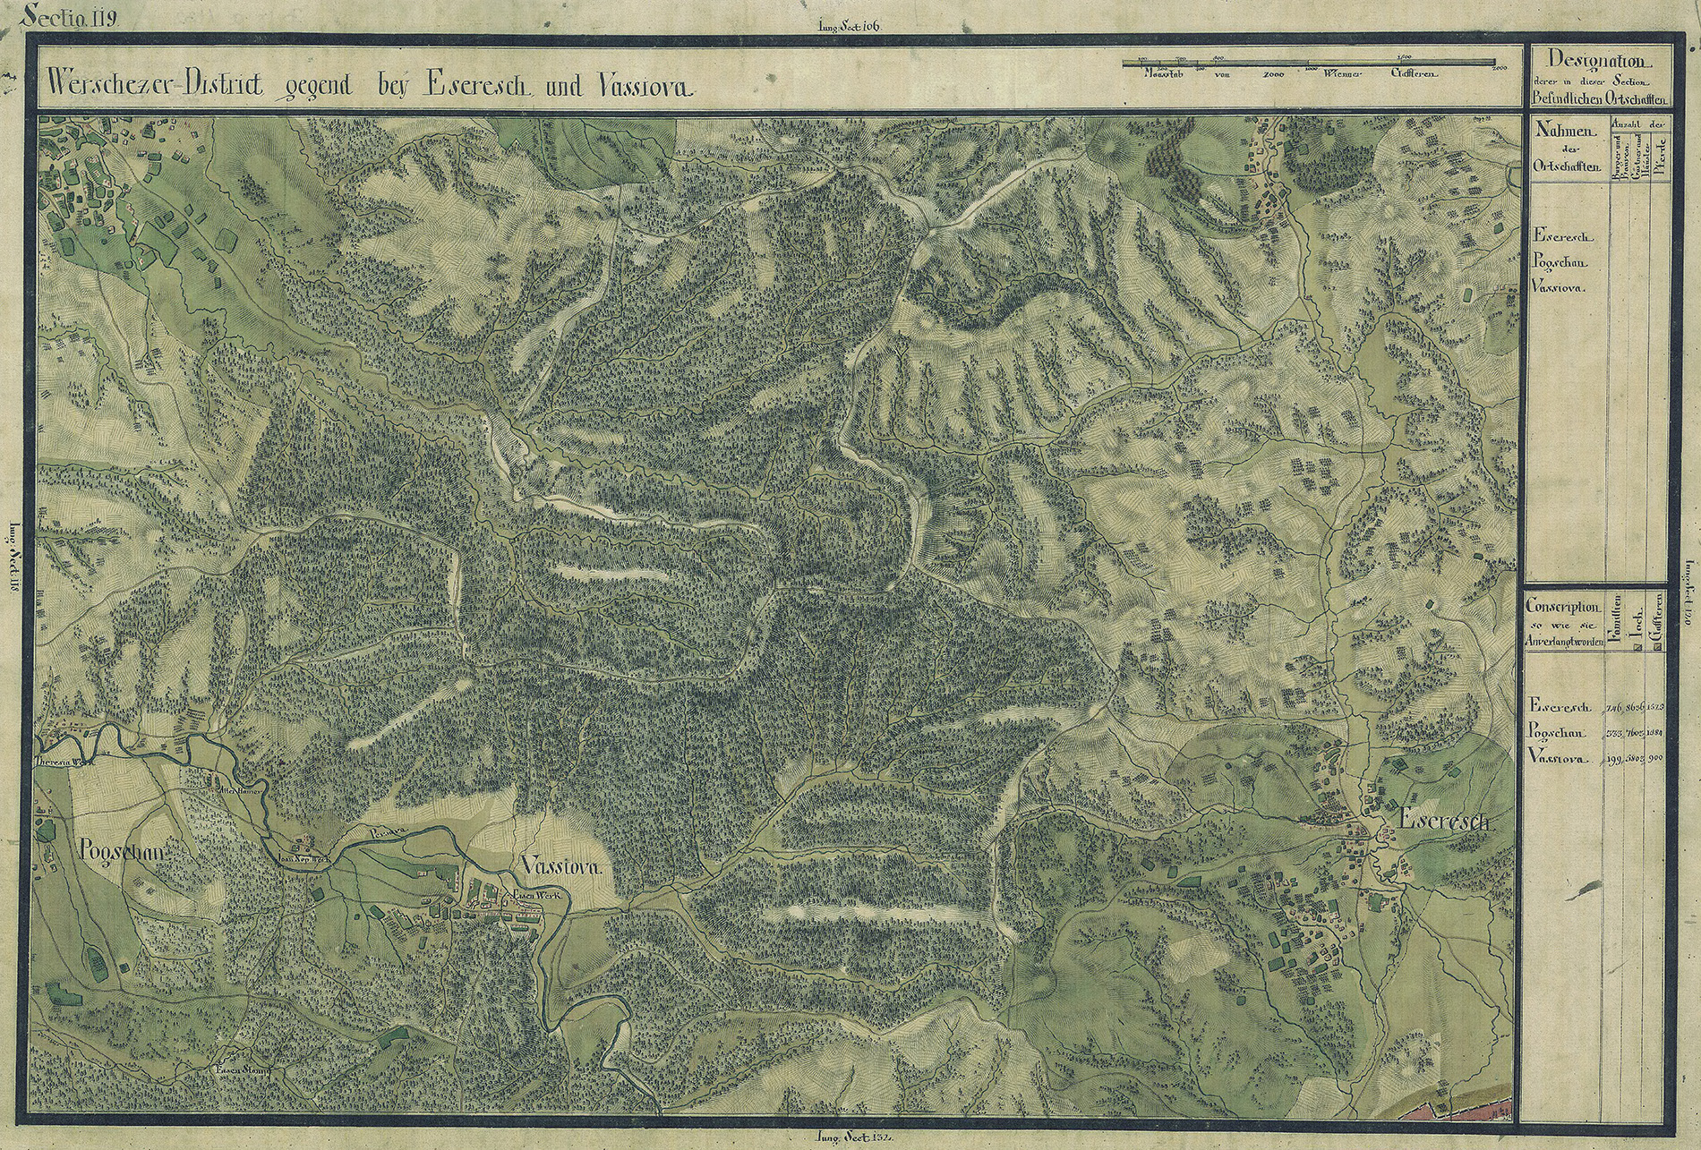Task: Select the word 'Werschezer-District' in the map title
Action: coord(153,87)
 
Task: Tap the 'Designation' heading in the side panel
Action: coord(1599,62)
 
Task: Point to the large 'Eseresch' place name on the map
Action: coord(1442,821)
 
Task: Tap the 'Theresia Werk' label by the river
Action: coord(64,762)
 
